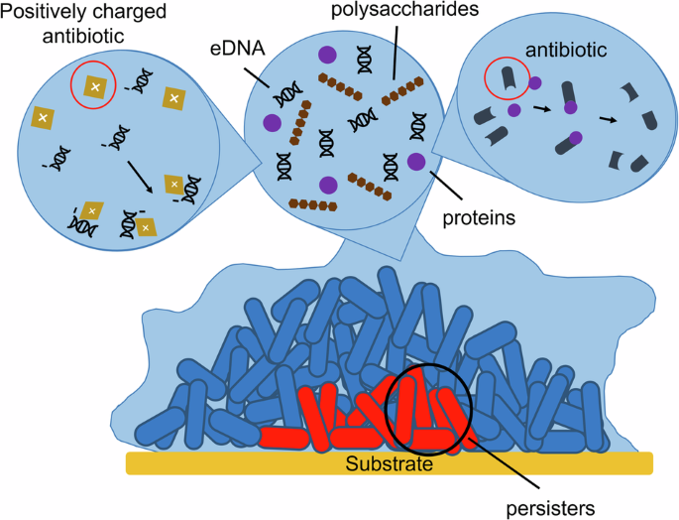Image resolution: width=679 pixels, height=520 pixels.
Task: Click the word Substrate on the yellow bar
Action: pyautogui.click(x=389, y=463)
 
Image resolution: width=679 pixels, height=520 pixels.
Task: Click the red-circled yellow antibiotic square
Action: pyautogui.click(x=94, y=88)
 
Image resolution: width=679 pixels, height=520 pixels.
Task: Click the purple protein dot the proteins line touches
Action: pyautogui.click(x=417, y=162)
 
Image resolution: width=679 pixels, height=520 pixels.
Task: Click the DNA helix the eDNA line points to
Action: pyautogui.click(x=287, y=94)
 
